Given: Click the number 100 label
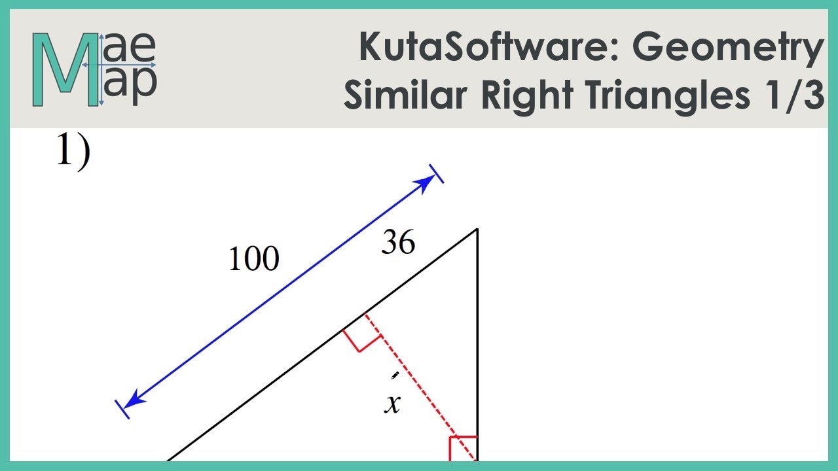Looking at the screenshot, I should [253, 260].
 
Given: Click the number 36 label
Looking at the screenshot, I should [398, 244].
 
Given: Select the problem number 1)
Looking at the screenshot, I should [73, 154].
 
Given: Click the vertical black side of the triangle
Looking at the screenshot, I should [477, 340].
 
